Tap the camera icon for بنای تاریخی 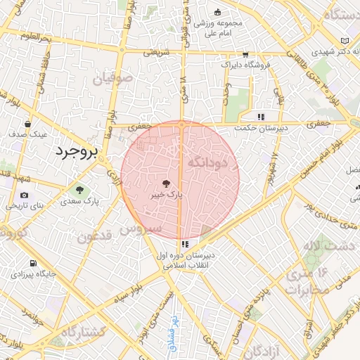(x=25, y=195)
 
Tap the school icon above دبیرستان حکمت (x=261, y=117)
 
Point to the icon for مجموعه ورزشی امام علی (x=217, y=11)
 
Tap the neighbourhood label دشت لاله (x=321, y=246)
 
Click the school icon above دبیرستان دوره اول (x=185, y=244)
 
